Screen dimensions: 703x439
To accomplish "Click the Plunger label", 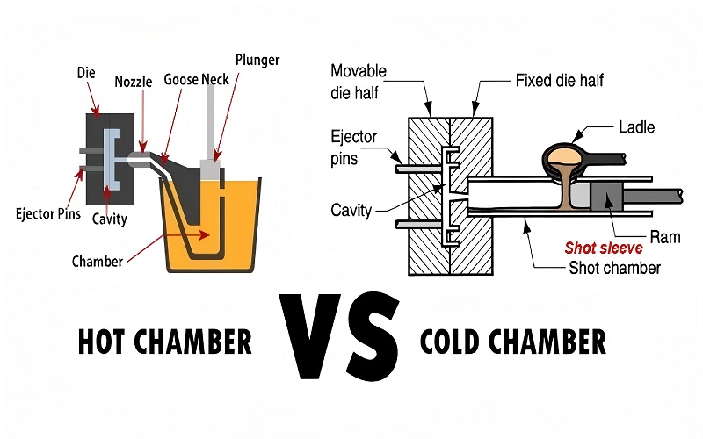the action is [257, 60].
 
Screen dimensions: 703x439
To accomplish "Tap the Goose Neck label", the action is [196, 79].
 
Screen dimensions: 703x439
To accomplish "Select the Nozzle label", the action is [134, 82].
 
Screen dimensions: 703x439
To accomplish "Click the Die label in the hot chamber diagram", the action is [86, 73].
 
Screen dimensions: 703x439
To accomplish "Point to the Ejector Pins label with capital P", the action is [48, 213].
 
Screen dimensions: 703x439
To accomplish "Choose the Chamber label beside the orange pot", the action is [98, 261].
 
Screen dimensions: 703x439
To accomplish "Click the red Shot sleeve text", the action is [604, 248].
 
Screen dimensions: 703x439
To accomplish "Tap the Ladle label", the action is [636, 127].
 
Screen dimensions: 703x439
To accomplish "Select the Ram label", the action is [665, 237].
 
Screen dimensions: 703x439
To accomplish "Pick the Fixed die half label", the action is [560, 81].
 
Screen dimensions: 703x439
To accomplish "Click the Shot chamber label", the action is [614, 268].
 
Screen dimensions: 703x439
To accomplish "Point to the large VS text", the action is [339, 336].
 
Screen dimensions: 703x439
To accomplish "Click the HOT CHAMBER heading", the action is [164, 342].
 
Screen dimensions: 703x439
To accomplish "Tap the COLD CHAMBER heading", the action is [513, 342].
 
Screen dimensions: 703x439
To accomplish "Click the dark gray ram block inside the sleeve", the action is [606, 196].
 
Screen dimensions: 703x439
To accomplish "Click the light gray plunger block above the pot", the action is [210, 169].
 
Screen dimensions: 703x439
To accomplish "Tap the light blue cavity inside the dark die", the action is [111, 159].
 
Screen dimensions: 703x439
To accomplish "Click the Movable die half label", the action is [359, 82].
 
